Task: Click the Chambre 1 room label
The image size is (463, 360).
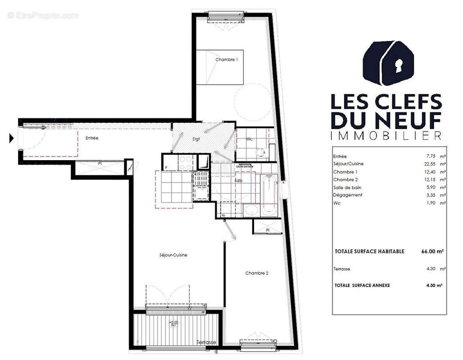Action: pos(227,60)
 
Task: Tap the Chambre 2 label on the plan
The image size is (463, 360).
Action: pos(257,273)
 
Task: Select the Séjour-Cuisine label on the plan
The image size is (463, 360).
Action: pos(173,255)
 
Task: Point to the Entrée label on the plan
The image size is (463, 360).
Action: pos(92,138)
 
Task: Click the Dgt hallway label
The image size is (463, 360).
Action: pos(196,139)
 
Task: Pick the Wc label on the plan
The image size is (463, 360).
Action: pos(250,139)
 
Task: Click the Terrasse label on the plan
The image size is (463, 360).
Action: pos(206,342)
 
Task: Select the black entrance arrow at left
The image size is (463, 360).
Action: pos(12,138)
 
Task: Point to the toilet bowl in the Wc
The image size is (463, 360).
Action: pos(261,153)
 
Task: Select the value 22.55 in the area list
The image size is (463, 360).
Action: pos(425,164)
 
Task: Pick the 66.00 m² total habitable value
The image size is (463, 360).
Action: pos(429,252)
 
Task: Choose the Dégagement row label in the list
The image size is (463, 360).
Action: pos(348,195)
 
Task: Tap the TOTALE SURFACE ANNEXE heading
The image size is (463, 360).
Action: pos(363,285)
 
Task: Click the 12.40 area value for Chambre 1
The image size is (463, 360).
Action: pos(425,172)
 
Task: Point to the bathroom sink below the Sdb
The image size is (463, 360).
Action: pos(251,210)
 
